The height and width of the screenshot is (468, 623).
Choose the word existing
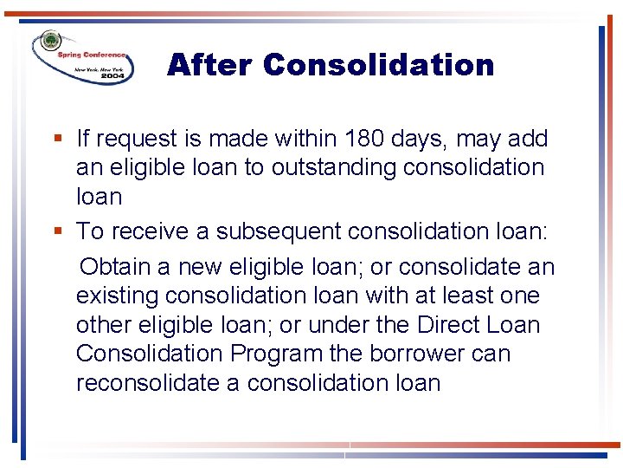point(117,296)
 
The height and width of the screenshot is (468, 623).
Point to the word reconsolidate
point(146,383)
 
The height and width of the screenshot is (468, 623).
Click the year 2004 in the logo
point(112,76)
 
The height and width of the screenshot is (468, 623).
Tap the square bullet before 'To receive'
point(57,231)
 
